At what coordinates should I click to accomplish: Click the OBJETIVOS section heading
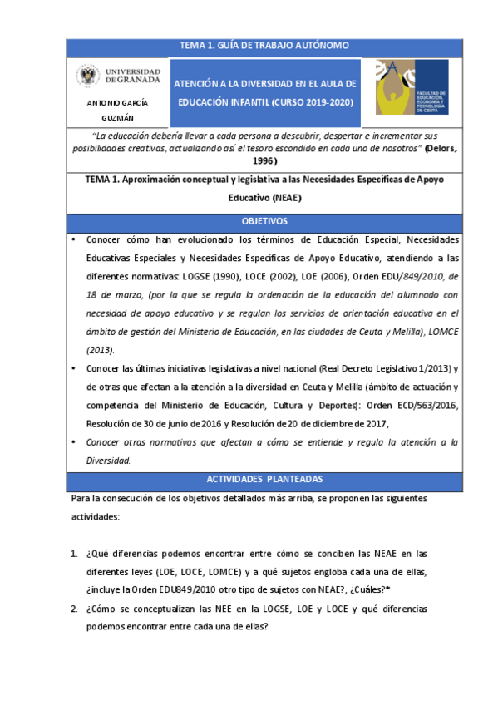(264, 222)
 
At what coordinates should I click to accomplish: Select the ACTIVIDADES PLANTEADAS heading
(264, 480)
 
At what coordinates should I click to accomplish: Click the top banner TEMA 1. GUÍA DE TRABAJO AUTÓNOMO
(264, 45)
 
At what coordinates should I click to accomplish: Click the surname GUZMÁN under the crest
(117, 118)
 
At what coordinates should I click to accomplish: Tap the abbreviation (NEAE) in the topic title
(281, 198)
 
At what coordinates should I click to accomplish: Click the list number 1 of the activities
(74, 552)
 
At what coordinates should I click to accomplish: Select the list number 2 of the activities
(74, 608)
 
